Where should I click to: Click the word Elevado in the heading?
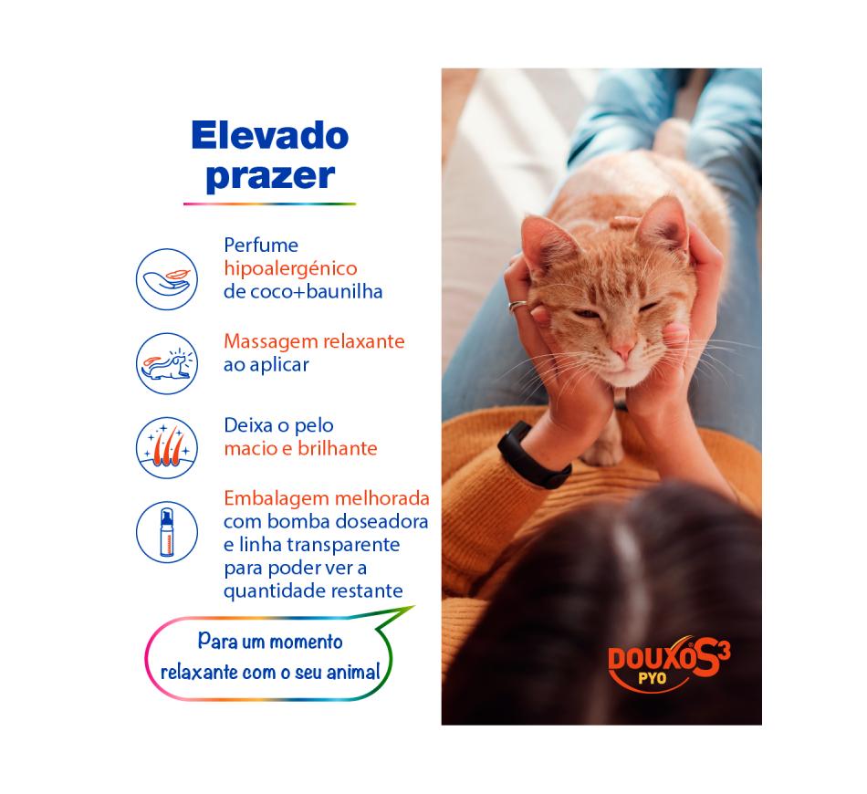(x=270, y=136)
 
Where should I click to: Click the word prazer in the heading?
(x=270, y=177)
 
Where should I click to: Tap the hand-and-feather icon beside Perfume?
(x=167, y=279)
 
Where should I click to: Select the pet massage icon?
(x=167, y=363)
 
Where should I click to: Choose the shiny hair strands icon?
(x=167, y=447)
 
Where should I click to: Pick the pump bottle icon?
(x=167, y=532)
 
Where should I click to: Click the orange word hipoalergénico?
(x=290, y=269)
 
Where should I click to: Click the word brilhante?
(x=338, y=448)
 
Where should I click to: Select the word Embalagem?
(x=277, y=499)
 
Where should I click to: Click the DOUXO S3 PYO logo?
(x=669, y=663)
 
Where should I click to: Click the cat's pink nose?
(x=623, y=351)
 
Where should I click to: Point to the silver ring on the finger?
(x=517, y=306)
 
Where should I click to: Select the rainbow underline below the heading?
(x=269, y=204)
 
